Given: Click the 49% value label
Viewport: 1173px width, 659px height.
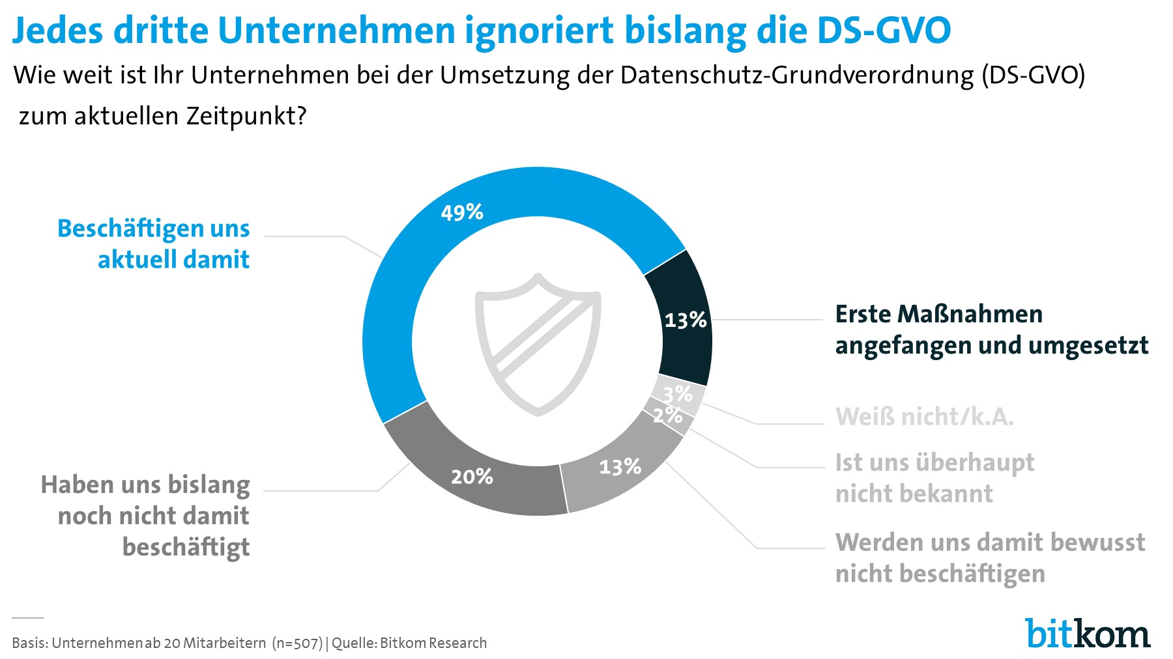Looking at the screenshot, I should click(462, 212).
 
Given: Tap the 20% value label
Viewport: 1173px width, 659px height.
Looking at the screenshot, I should click(472, 477).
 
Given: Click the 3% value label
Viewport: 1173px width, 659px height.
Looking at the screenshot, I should click(678, 393).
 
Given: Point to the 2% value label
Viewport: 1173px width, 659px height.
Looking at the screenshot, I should click(667, 415).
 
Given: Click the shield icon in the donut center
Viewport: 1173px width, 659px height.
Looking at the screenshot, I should click(538, 345).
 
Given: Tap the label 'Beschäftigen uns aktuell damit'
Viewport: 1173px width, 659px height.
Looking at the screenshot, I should click(154, 244).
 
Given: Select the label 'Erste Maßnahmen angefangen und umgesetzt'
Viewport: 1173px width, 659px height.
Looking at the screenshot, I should click(991, 329).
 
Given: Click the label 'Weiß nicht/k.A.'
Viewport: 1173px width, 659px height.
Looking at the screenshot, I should click(924, 417).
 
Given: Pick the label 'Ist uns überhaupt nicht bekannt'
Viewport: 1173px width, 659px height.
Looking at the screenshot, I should click(934, 478).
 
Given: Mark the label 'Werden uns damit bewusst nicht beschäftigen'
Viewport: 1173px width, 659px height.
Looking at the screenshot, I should click(989, 558).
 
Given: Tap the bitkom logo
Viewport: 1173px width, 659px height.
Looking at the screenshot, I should click(1088, 633).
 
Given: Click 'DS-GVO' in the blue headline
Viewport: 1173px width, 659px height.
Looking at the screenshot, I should click(884, 30).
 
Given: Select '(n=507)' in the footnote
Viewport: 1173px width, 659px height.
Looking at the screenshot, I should click(297, 643).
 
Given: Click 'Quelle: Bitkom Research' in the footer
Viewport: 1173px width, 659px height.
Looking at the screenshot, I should click(409, 643).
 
